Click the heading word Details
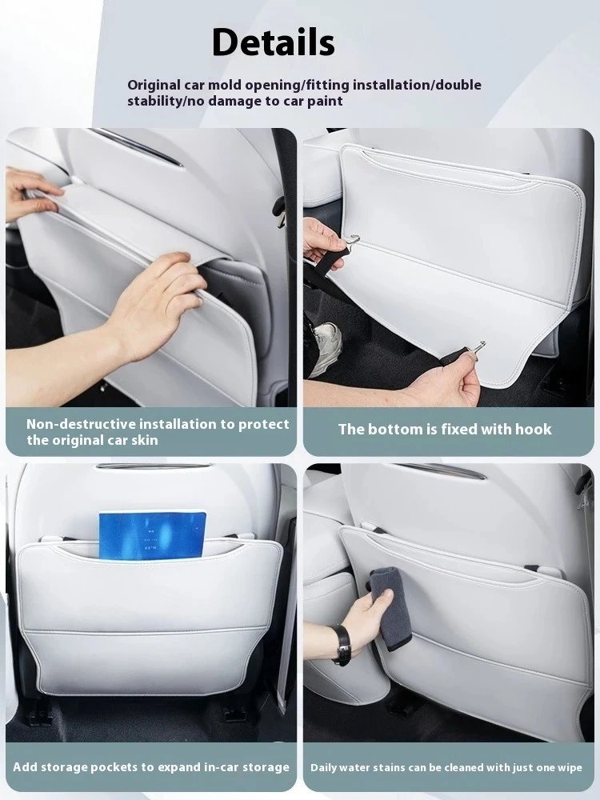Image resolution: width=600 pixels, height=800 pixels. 273,42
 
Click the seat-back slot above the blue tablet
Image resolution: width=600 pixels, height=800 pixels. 149,466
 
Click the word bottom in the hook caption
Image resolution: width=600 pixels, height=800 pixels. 395,430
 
